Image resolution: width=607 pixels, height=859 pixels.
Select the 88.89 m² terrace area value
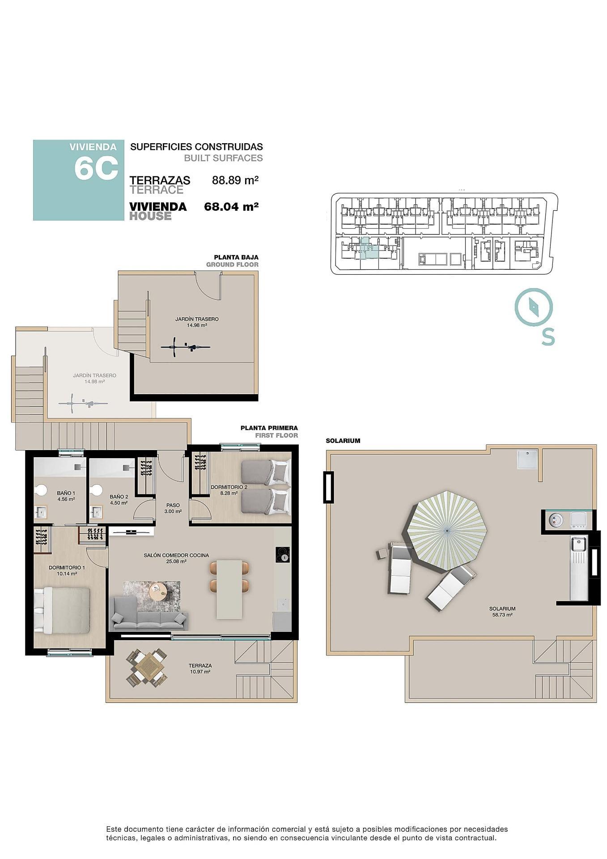(235, 180)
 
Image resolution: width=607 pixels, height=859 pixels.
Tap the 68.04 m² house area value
(231, 207)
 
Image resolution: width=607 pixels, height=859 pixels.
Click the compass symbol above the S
(534, 307)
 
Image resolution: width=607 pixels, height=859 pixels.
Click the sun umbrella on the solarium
(447, 530)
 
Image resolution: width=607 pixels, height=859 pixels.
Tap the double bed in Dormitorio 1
(63, 609)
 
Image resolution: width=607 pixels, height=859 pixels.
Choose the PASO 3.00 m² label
(173, 508)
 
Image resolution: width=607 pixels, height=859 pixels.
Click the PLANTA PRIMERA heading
(269, 428)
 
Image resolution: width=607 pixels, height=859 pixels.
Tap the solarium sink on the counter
(578, 545)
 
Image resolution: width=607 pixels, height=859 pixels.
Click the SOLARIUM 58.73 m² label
(502, 612)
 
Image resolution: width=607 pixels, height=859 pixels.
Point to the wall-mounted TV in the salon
(131, 532)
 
